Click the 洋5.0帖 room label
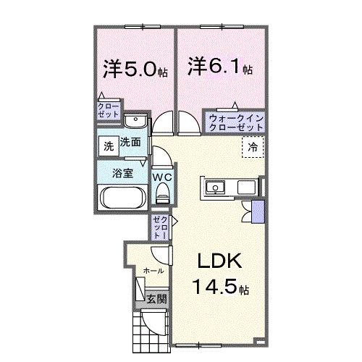pos(135,70)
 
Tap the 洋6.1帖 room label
pos(221,67)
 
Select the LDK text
pos(220,261)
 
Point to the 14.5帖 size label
pos(221,287)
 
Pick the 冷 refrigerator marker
pos(253,147)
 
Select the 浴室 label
pos(122,173)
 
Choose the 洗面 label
pos(130,143)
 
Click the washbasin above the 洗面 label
pos(133,122)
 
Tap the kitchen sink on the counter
pos(216,188)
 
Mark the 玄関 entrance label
pos(156,298)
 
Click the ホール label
pos(153,270)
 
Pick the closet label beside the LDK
pos(161,227)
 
